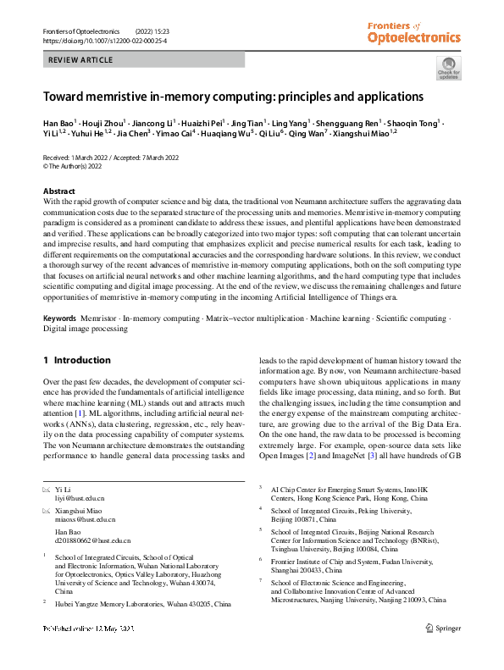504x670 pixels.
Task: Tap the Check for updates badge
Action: point(448,69)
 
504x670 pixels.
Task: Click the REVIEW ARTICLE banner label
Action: point(81,60)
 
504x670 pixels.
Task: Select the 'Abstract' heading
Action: point(58,191)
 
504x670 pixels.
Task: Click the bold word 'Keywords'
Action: point(63,318)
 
